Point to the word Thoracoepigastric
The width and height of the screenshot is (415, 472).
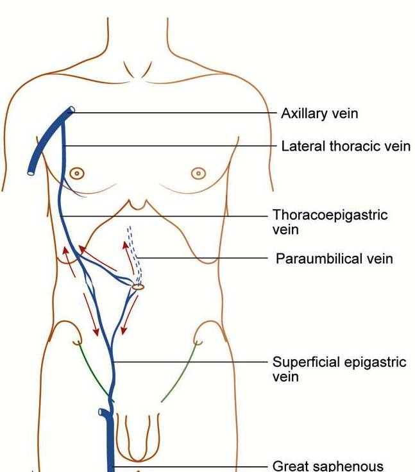pos(330,215)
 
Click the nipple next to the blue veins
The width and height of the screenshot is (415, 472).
pos(77,173)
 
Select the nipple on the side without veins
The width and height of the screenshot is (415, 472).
pos(199,173)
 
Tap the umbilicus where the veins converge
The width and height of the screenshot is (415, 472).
pos(138,287)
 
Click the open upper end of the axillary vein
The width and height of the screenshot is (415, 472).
pos(71,111)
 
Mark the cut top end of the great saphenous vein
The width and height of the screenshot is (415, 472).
pos(105,412)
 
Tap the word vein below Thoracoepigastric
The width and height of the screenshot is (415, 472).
pos(285,229)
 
